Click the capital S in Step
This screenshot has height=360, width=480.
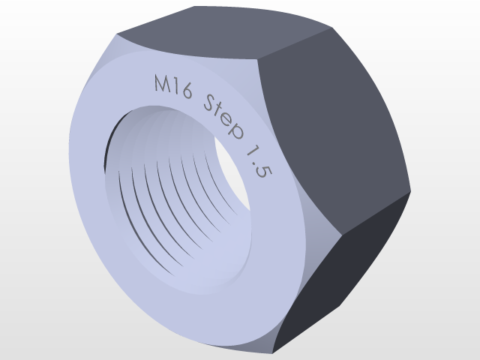[211, 106]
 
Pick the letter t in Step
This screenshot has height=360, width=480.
[220, 114]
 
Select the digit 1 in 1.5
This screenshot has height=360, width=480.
[248, 154]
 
